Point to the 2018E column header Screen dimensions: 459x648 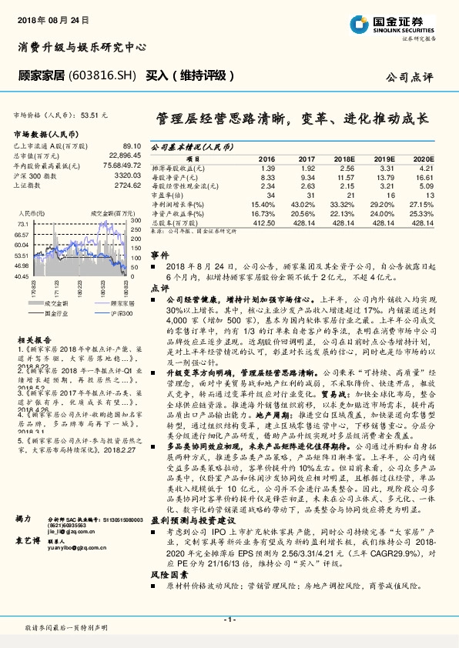347,157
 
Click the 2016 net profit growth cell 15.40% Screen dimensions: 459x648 263,204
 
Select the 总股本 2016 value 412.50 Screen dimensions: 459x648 263,222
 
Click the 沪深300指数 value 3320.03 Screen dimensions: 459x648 126,175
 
